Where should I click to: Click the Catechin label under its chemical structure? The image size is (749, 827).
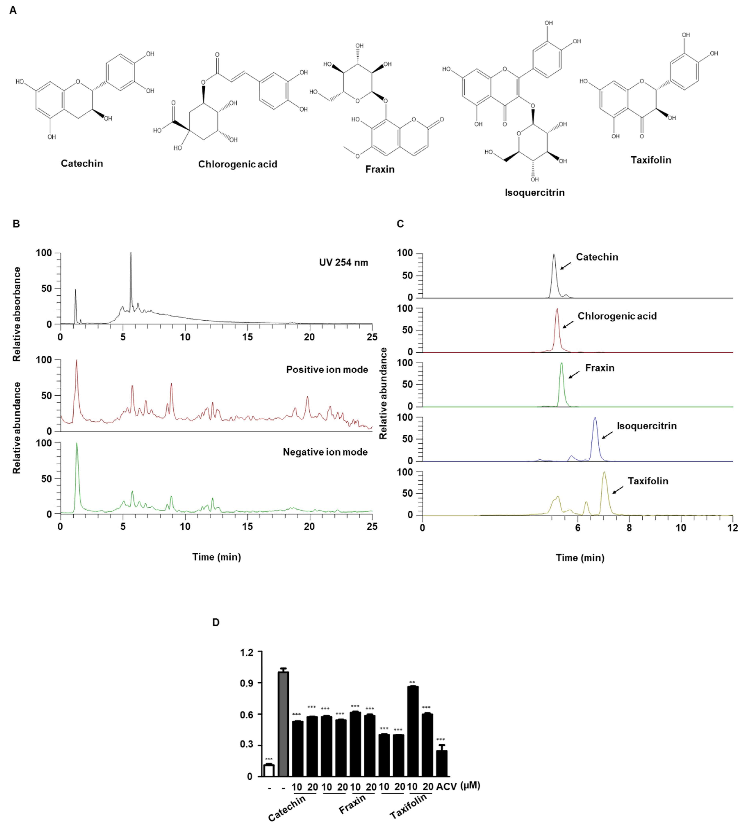[82, 163]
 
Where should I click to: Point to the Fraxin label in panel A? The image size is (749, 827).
[380, 169]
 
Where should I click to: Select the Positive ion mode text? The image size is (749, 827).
[327, 370]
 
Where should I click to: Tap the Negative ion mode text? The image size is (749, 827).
[325, 452]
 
